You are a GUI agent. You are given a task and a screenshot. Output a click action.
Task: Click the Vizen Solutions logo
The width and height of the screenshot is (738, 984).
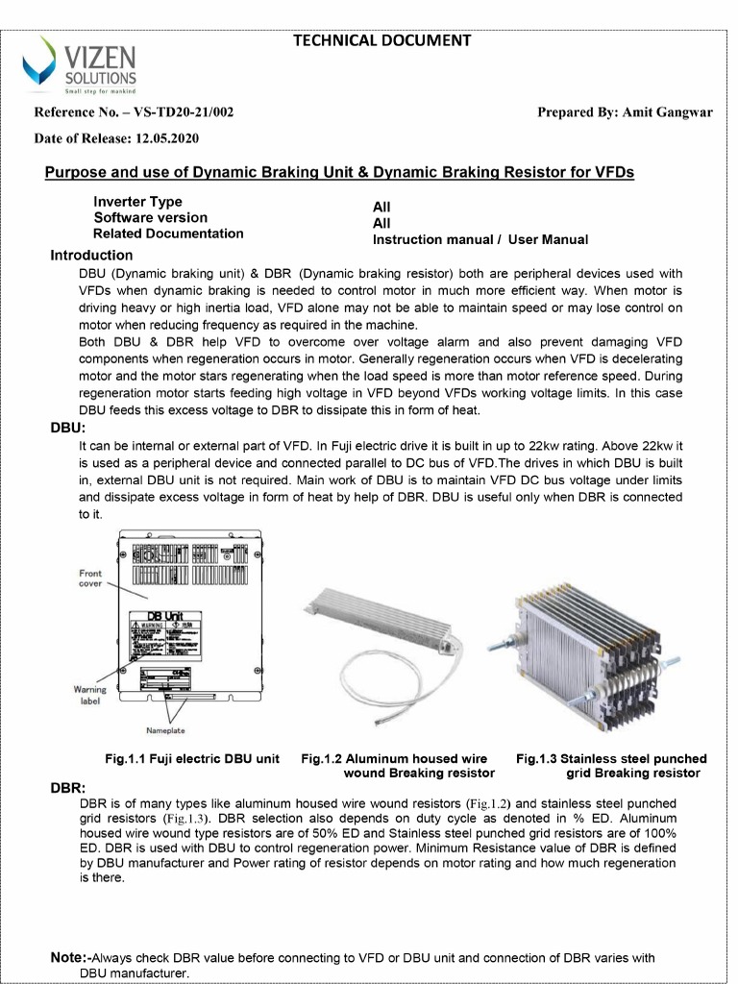(x=81, y=64)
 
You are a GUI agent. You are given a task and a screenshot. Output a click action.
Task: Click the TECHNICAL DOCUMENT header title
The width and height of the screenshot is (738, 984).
(x=381, y=40)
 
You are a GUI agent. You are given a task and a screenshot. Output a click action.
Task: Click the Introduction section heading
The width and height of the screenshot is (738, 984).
(x=91, y=256)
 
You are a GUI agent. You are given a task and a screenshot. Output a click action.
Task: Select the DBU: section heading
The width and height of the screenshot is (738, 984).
(x=68, y=428)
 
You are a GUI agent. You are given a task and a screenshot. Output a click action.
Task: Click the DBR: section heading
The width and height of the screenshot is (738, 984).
(x=68, y=788)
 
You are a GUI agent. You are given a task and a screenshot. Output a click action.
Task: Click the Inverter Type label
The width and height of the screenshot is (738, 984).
(x=137, y=202)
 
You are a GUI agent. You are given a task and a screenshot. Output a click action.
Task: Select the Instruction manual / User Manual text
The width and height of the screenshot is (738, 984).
(x=480, y=239)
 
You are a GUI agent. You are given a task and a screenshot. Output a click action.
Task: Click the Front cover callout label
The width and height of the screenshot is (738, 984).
(x=90, y=578)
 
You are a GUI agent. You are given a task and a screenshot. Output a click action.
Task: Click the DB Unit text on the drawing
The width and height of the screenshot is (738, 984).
(x=164, y=615)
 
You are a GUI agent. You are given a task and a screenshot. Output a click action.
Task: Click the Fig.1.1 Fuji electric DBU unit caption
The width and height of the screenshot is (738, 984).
(x=192, y=759)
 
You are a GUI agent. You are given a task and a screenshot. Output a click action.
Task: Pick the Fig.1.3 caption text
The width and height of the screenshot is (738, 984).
(x=611, y=766)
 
